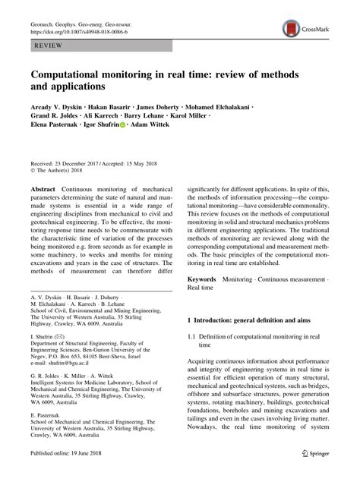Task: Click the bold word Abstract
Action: [x=43, y=187]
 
